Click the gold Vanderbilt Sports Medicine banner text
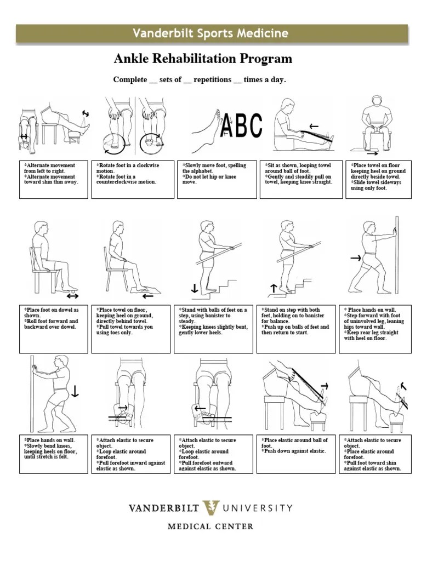210,33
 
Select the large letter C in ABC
255,125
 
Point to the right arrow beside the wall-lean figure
355,257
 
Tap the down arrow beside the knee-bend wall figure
75,390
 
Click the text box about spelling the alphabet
217,179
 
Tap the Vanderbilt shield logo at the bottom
210,508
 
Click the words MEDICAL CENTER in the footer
210,526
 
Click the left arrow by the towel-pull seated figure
147,296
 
